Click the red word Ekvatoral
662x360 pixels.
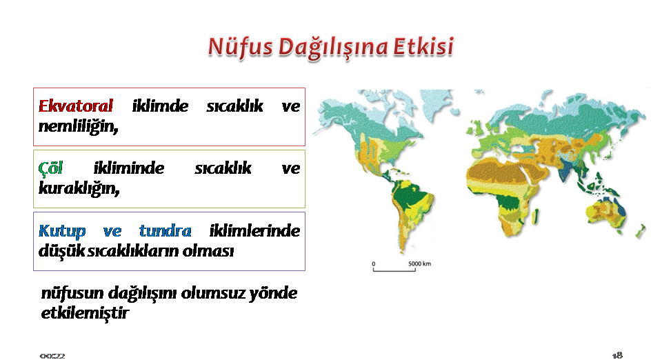[76, 106]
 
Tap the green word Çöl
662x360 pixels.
[50, 168]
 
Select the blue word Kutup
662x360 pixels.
[62, 231]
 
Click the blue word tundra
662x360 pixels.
[165, 231]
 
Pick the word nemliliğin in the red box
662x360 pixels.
[78, 126]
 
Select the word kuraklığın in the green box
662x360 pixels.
[79, 188]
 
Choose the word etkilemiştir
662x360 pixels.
[85, 312]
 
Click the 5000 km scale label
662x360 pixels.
[420, 263]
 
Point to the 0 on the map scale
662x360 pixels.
[374, 263]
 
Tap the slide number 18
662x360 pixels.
[617, 355]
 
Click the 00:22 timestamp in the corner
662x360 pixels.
[52, 356]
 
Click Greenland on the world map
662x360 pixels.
[435, 103]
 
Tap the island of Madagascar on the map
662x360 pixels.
[536, 216]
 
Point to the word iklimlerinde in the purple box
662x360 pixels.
[254, 231]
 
